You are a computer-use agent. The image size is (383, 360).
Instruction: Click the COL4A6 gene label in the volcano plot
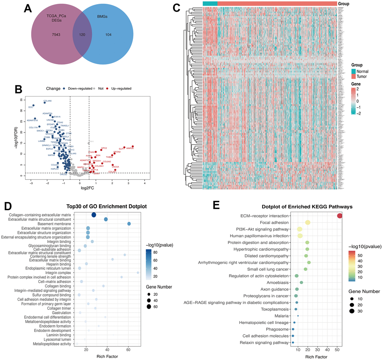48,101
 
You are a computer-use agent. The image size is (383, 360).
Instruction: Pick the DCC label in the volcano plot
31,108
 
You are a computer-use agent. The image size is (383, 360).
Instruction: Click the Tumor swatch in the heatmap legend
353,77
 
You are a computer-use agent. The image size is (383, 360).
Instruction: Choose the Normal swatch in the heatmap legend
353,71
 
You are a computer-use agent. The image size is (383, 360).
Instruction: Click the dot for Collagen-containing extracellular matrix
94,215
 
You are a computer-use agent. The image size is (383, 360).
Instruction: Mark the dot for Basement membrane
129,224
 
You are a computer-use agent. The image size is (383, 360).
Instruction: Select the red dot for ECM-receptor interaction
340,216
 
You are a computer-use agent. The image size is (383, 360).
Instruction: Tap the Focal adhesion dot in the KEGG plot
308,223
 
